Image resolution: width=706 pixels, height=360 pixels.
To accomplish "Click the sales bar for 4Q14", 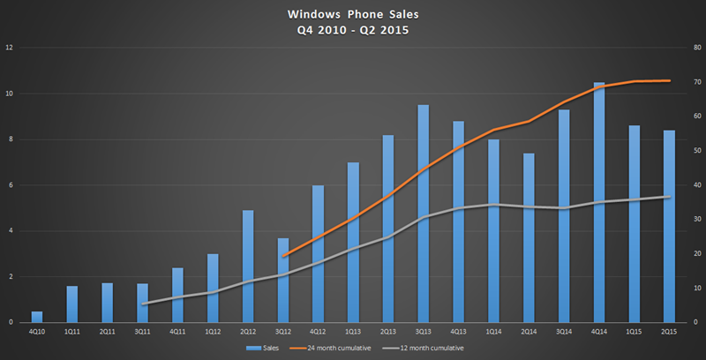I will point(599,203).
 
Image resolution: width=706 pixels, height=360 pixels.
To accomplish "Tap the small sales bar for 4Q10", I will point(37,317).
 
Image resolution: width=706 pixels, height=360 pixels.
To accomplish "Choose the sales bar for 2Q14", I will point(529,238).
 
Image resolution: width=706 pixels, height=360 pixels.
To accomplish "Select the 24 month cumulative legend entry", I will point(334,349).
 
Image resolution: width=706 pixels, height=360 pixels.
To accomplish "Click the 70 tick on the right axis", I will point(696,82).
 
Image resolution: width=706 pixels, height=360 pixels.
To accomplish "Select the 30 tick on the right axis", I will point(696,220).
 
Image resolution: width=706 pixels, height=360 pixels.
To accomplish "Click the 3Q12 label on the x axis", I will point(283,332).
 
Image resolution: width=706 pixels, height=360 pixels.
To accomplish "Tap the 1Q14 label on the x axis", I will point(493,332).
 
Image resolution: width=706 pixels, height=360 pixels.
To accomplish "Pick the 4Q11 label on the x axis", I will point(177,332).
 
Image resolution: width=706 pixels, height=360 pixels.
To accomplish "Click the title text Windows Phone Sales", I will point(353,16).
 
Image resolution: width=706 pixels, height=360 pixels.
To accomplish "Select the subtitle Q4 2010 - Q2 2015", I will point(353,30).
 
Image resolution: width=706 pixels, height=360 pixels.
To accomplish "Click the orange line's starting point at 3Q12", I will point(283,256).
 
